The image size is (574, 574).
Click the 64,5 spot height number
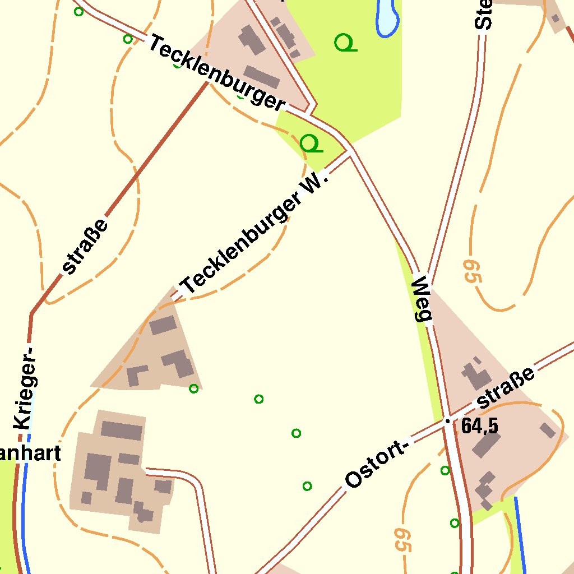(x=480, y=427)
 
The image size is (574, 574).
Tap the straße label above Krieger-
(x=86, y=247)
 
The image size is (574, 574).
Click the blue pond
(x=387, y=17)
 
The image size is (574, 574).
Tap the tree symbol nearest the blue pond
(x=345, y=43)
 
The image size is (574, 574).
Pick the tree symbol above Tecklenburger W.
(x=311, y=143)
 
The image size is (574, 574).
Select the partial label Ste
(x=483, y=14)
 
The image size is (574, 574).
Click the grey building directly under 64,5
(x=485, y=445)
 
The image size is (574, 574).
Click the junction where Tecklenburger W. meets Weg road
(x=350, y=152)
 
